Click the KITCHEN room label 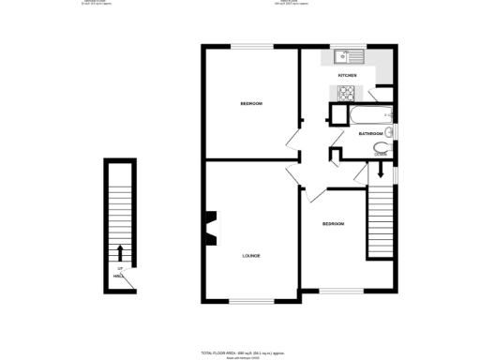point(347,74)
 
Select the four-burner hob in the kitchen point(345,92)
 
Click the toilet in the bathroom point(381,148)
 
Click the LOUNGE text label point(250,255)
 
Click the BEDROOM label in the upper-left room point(250,102)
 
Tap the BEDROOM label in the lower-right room point(333,223)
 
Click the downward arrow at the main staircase point(381,172)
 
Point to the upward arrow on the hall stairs point(120,252)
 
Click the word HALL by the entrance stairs point(119,276)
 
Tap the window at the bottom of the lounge point(250,301)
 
